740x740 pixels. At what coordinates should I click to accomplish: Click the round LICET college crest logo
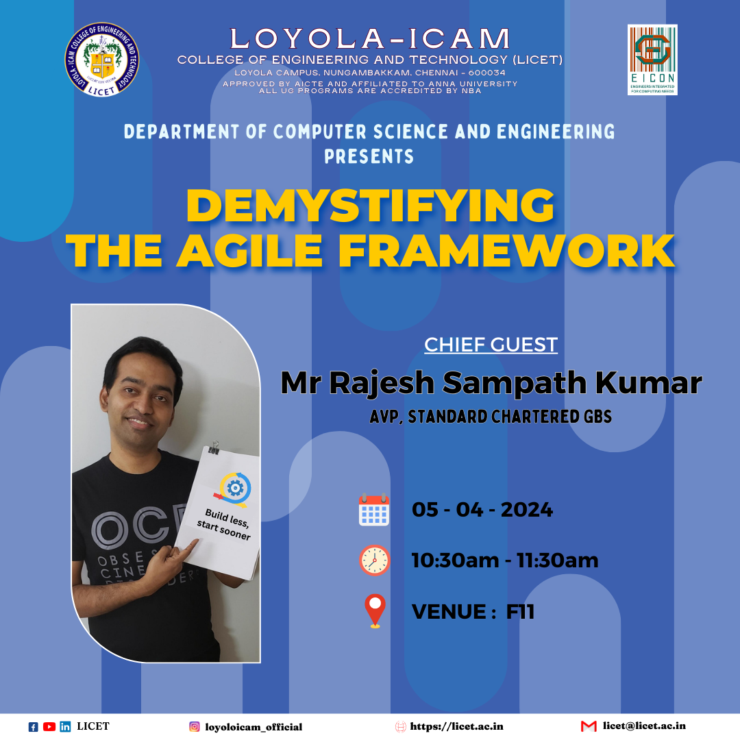(102, 60)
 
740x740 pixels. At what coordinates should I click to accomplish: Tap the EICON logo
(652, 60)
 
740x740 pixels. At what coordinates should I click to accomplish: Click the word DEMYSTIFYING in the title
(370, 205)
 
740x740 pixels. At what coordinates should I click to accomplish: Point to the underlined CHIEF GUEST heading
(491, 344)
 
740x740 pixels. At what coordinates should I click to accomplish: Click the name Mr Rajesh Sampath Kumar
(491, 383)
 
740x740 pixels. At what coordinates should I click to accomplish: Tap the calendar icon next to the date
(374, 510)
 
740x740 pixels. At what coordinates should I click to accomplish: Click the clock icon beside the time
(374, 560)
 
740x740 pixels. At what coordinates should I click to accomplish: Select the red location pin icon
(375, 610)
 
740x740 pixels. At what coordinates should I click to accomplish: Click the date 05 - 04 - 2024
(482, 510)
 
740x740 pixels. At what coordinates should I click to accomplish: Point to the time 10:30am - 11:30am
(504, 560)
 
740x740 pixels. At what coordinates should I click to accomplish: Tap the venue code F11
(520, 611)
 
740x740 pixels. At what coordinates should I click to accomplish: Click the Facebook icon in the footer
(33, 727)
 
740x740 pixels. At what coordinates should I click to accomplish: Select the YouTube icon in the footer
(49, 727)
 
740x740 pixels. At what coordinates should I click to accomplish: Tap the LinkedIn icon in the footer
(65, 727)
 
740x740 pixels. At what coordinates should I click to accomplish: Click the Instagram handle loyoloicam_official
(254, 727)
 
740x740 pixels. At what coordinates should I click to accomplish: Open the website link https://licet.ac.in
(456, 726)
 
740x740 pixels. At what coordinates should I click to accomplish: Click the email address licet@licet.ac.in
(644, 726)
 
